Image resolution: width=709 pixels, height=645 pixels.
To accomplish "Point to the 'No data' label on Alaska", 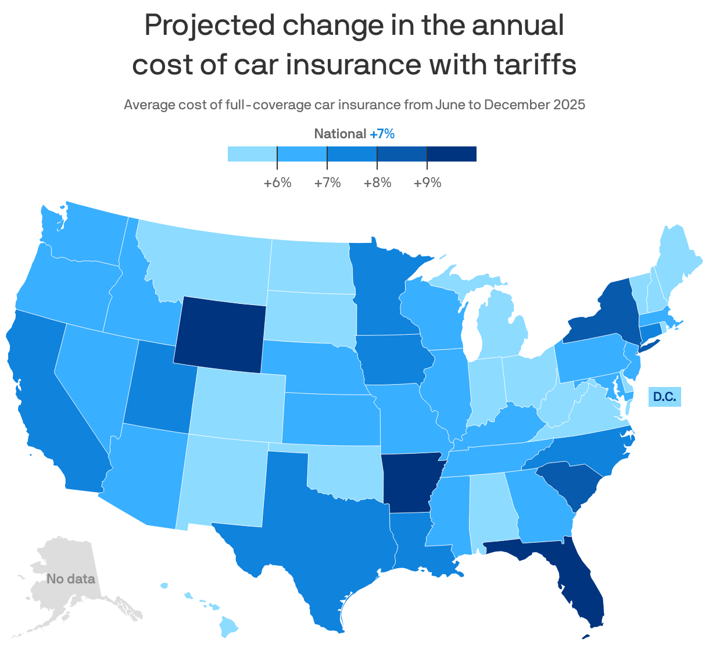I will [70, 579].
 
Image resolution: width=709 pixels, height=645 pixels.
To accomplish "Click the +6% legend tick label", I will [277, 183].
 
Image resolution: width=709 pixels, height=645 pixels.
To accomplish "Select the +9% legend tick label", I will [427, 183].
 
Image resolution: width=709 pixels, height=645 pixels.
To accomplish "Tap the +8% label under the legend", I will [377, 183].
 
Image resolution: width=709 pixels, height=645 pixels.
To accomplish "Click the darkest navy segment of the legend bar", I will [452, 153].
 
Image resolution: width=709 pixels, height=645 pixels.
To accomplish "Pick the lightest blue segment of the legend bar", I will [252, 153].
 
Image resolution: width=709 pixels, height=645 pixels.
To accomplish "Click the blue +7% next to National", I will [382, 134].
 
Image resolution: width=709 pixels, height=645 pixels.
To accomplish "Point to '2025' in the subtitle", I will [569, 105].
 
